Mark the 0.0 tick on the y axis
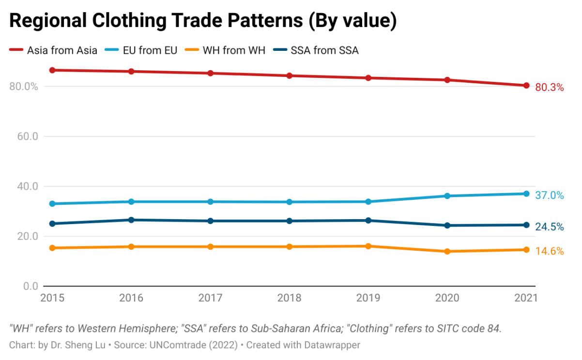[30, 286]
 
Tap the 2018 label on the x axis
[290, 298]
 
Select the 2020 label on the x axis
[447, 298]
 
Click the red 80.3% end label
[550, 88]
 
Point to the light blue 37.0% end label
[550, 195]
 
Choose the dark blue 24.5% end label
[550, 226]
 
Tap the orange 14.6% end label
[550, 251]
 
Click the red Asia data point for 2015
[52, 70]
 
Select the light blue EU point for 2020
[447, 196]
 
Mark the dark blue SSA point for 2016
[131, 220]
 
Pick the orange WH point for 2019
[368, 246]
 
